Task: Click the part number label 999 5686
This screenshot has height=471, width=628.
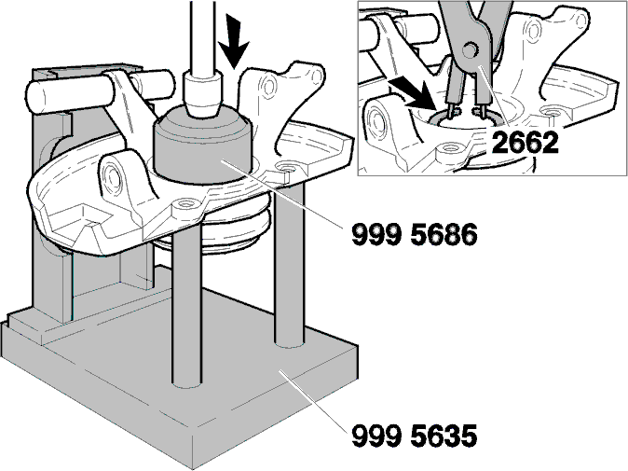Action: [x=414, y=234]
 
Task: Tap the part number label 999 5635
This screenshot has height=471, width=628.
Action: [x=414, y=436]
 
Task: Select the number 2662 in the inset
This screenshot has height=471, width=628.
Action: [x=525, y=143]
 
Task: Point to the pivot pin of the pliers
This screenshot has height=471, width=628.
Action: [x=471, y=50]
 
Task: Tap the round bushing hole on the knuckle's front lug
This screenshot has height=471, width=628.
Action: [x=114, y=175]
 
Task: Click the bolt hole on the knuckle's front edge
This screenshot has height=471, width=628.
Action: [x=185, y=203]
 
